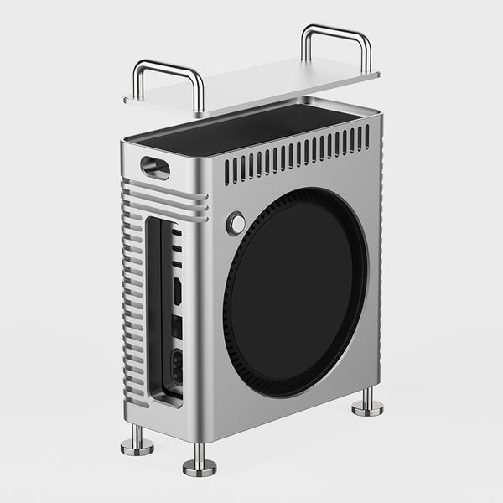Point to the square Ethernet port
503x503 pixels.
tap(177, 325)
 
